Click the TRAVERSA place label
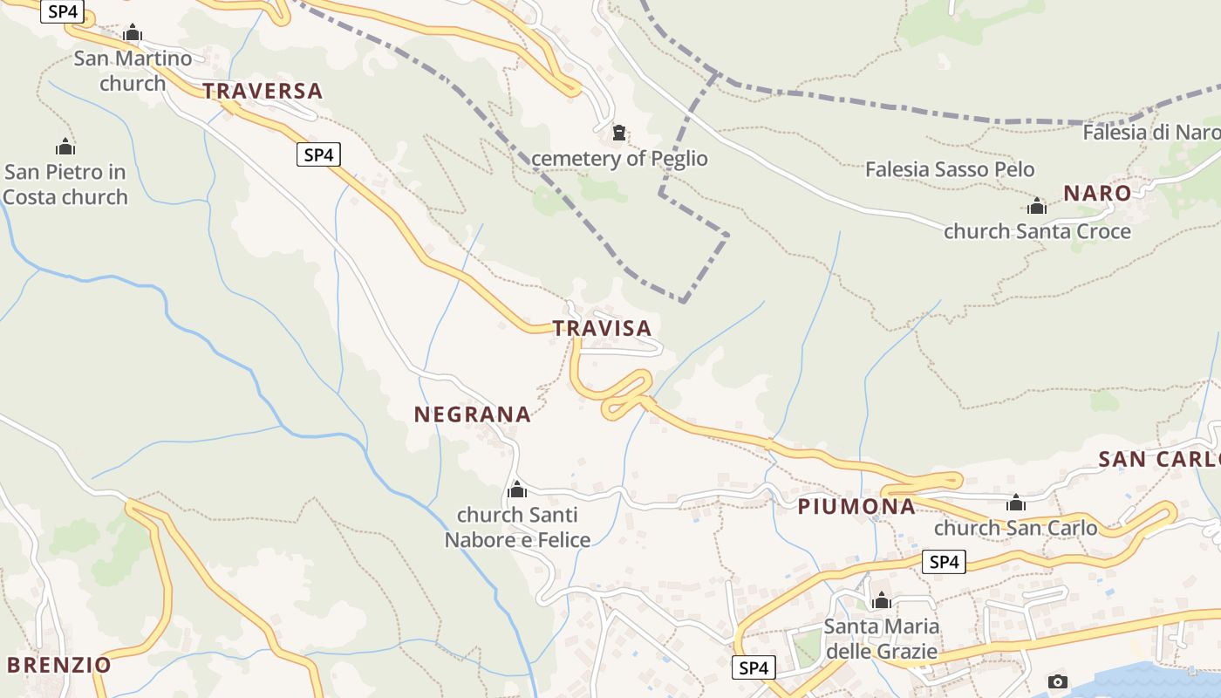pyautogui.click(x=263, y=91)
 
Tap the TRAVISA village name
pyautogui.click(x=602, y=328)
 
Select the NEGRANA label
pyautogui.click(x=472, y=414)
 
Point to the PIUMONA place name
pyautogui.click(x=856, y=507)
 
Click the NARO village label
pyautogui.click(x=1096, y=194)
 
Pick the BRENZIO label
pyautogui.click(x=59, y=665)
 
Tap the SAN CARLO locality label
pyautogui.click(x=1158, y=460)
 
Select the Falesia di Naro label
pyautogui.click(x=1150, y=133)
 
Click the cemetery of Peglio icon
pyautogui.click(x=619, y=133)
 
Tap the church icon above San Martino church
pyautogui.click(x=133, y=34)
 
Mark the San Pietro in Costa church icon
pyautogui.click(x=65, y=147)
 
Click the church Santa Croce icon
pyautogui.click(x=1037, y=207)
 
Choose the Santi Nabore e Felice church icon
pyautogui.click(x=517, y=489)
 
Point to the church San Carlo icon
pyautogui.click(x=1015, y=503)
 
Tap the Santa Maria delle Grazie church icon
pyautogui.click(x=882, y=600)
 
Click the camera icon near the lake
pyautogui.click(x=1057, y=681)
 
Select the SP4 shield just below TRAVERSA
pyautogui.click(x=318, y=155)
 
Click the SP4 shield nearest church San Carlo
pyautogui.click(x=944, y=562)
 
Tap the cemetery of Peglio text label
pyautogui.click(x=619, y=159)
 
